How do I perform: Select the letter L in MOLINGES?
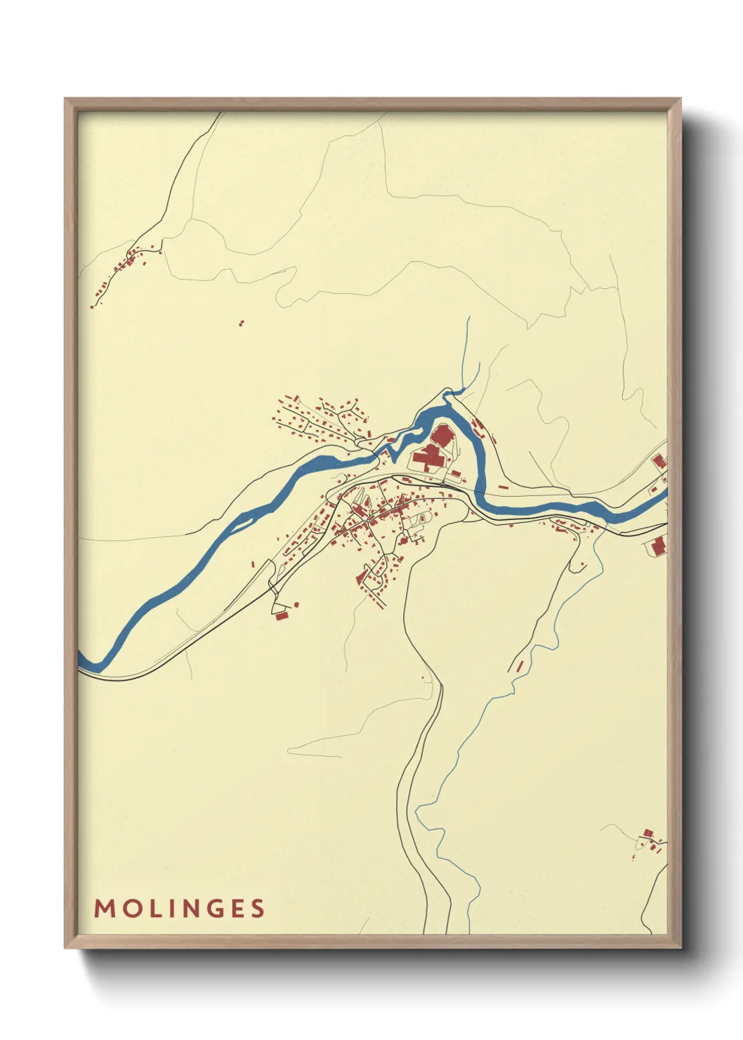point(151,909)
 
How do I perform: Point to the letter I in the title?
point(168,909)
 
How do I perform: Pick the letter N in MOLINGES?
point(187,909)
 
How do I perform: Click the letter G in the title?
point(212,909)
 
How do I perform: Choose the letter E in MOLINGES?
point(236,909)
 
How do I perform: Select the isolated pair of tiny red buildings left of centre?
point(242,323)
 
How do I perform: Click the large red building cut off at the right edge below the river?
point(659,545)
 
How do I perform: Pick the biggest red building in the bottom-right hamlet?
point(647,833)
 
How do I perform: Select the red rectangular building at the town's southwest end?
point(282,616)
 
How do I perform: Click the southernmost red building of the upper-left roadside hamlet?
point(92,306)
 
